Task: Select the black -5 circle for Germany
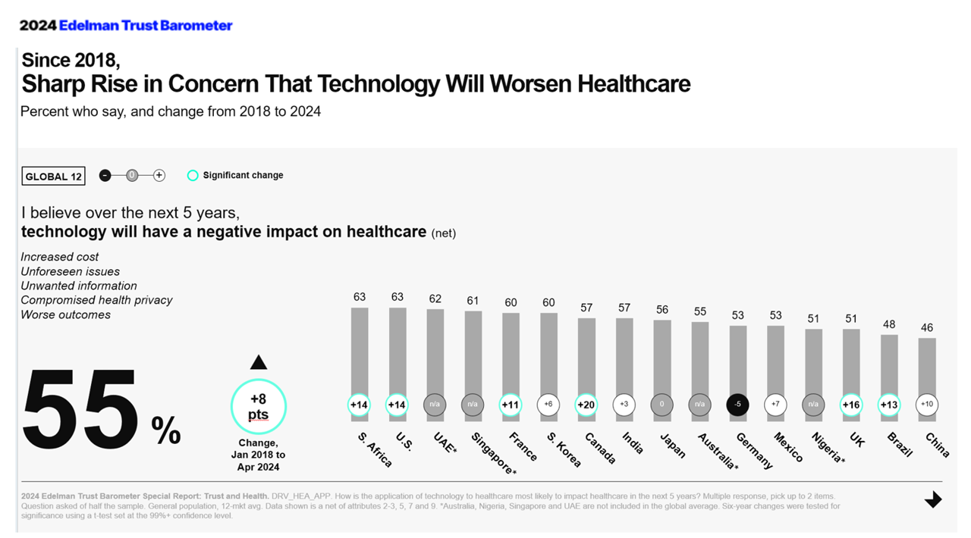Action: (x=737, y=405)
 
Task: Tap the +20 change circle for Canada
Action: (x=586, y=405)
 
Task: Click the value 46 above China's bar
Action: (x=926, y=327)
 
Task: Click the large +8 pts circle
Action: (x=259, y=406)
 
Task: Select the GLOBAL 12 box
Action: (x=54, y=177)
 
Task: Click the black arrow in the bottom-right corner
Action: (x=933, y=499)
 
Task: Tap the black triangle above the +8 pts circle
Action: (x=259, y=362)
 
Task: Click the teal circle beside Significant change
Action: (x=193, y=176)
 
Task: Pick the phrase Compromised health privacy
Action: (x=96, y=300)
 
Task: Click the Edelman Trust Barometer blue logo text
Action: (x=146, y=26)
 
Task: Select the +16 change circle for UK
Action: (x=851, y=405)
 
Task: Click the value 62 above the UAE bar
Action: (x=435, y=299)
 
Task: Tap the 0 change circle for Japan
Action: (x=661, y=405)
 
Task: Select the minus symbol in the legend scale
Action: (x=105, y=176)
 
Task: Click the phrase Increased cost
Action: (x=60, y=257)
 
